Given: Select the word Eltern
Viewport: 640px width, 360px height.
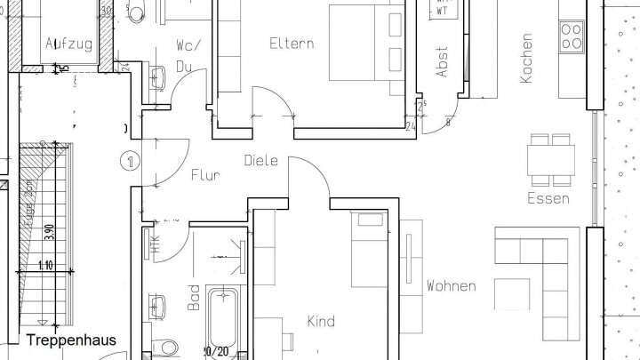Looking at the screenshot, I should pos(292,42).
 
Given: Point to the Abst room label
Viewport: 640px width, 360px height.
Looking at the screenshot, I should pos(443,61).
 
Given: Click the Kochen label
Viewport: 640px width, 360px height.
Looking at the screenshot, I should pos(527,58).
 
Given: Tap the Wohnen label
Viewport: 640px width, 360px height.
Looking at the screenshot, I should pos(451,286).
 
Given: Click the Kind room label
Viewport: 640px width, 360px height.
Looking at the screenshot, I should pos(321,321).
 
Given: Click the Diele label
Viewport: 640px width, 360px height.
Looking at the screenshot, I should pos(261,161).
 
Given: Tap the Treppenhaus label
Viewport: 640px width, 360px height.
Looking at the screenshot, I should pos(70,340).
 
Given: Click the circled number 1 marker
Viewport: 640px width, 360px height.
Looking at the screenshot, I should pos(131,161).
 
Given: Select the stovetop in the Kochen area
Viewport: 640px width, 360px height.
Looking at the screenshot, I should pos(572,36).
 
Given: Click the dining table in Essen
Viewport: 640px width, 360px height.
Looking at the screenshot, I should pos(549,161).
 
